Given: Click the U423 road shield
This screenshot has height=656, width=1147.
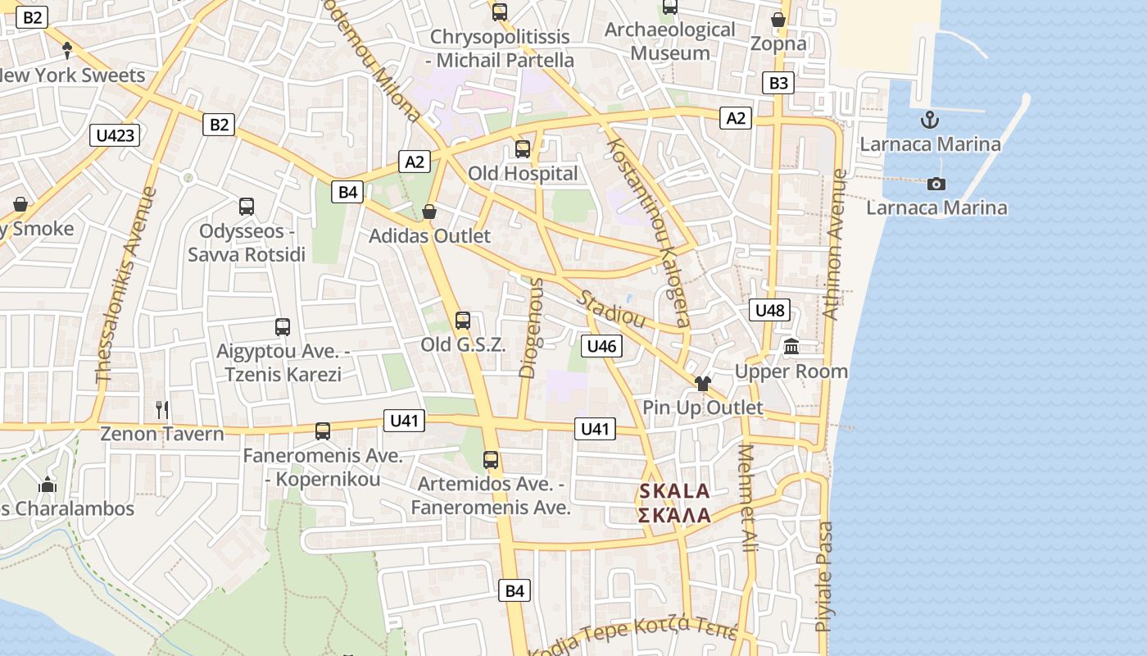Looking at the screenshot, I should (x=115, y=135).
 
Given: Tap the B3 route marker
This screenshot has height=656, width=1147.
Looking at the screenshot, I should (x=778, y=83).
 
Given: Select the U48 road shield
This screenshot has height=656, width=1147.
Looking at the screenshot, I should (x=769, y=310).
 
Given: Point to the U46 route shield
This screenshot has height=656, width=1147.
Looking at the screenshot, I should (x=601, y=346).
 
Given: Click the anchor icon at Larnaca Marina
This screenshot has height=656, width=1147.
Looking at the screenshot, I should (x=930, y=121).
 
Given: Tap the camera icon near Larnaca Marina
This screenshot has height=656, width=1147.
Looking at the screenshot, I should (x=936, y=184).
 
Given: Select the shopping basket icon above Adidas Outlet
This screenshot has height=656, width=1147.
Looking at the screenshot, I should (x=429, y=212).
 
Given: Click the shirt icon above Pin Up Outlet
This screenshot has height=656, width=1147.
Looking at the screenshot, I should (x=702, y=384).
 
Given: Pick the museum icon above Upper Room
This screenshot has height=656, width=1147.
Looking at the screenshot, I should (x=791, y=347).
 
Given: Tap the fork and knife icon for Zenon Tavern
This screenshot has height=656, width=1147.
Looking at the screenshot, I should (x=162, y=409).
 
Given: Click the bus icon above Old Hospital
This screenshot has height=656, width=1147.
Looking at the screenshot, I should (x=523, y=149).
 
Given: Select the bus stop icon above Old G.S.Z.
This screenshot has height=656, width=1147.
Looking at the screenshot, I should (x=463, y=321).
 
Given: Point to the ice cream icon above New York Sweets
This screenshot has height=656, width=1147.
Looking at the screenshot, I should (x=67, y=51).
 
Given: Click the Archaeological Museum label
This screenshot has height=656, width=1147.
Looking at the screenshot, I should (x=670, y=42).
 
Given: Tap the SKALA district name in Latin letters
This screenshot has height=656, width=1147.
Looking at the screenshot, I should (x=674, y=492).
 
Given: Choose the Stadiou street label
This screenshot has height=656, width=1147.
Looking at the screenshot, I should (x=612, y=309).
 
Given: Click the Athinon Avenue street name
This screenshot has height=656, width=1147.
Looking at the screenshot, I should (x=834, y=244).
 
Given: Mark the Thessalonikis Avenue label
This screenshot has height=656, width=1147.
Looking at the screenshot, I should (x=125, y=285).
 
